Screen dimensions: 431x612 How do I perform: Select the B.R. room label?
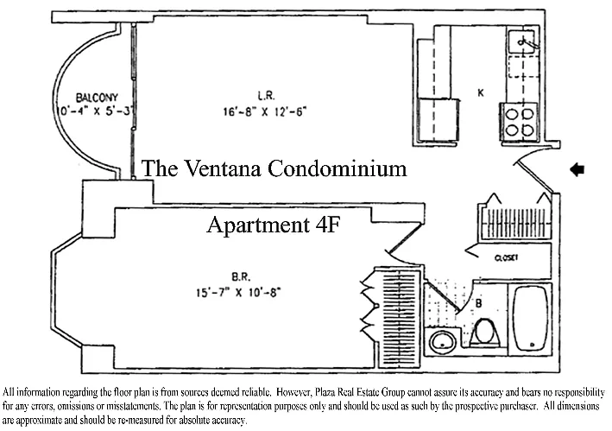pyautogui.click(x=240, y=278)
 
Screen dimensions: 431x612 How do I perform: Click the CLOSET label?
pyautogui.click(x=506, y=257)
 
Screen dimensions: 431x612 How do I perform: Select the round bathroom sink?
pyautogui.click(x=445, y=342)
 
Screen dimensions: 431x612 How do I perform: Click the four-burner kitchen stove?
pyautogui.click(x=517, y=122)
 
